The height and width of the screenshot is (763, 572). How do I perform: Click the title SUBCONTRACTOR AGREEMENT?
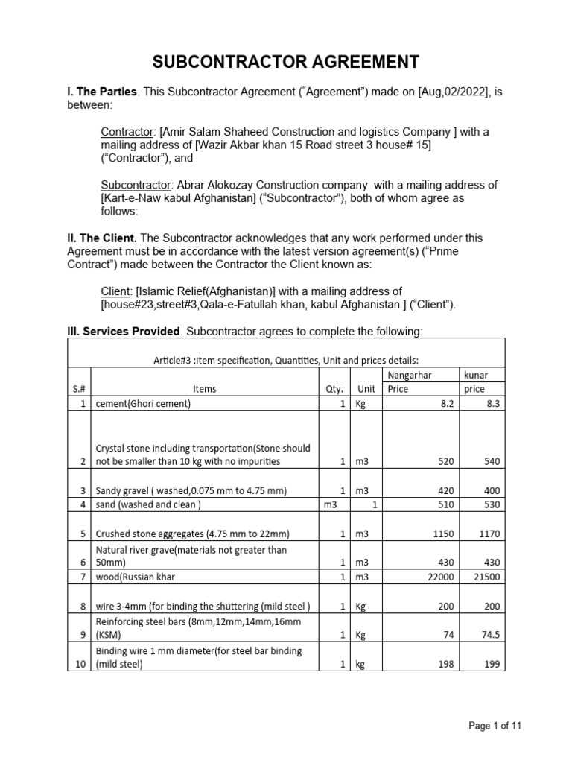pyautogui.click(x=286, y=61)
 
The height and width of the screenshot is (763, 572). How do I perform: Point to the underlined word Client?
pyautogui.click(x=115, y=291)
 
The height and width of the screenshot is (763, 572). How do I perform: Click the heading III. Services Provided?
pyautogui.click(x=124, y=331)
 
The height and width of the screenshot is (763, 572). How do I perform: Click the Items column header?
pyautogui.click(x=204, y=389)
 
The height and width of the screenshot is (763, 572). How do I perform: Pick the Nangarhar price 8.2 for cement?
pyautogui.click(x=445, y=404)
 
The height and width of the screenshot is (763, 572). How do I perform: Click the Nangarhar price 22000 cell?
pyautogui.click(x=439, y=577)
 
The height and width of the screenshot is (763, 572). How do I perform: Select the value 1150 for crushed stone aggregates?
pyautogui.click(x=442, y=534)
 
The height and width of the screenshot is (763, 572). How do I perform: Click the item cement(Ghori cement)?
pyautogui.click(x=144, y=404)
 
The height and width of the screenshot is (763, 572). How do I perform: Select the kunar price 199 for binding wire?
pyautogui.click(x=492, y=665)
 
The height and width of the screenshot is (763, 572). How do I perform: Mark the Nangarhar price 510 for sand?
pyautogui.click(x=444, y=504)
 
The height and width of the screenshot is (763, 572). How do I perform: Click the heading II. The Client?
pyautogui.click(x=102, y=238)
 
